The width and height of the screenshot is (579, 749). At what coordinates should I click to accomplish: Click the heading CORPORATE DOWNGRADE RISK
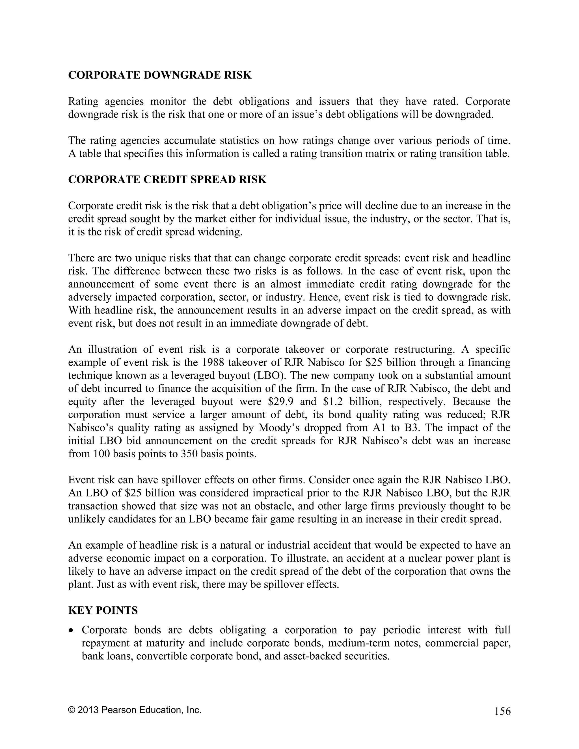click(x=160, y=75)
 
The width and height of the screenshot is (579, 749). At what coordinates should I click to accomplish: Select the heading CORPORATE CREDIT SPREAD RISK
click(x=167, y=179)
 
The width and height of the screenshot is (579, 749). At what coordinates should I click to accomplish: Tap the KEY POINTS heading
click(x=103, y=610)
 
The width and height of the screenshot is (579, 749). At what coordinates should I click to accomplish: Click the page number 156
click(x=502, y=711)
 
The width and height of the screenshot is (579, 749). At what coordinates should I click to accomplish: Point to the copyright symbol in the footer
click(x=71, y=710)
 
